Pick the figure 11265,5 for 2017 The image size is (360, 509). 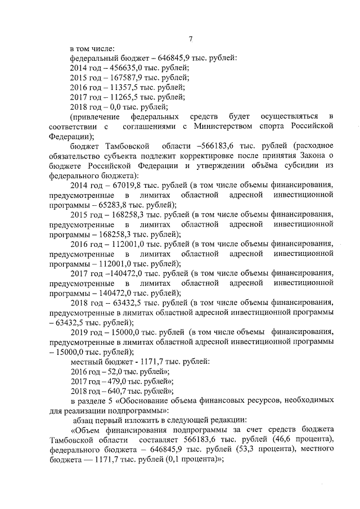coord(114,97)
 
